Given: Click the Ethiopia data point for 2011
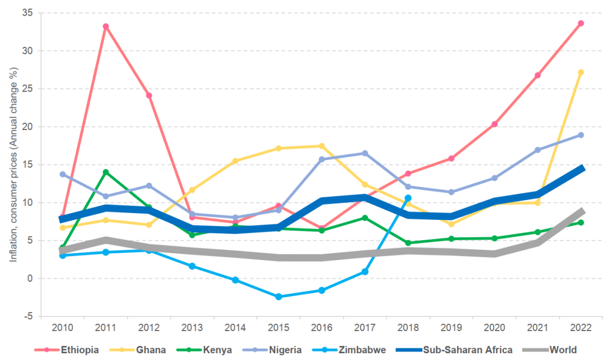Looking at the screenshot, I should tap(106, 27).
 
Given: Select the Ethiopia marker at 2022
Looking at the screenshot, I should tap(581, 23).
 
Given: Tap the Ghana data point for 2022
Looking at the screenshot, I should tap(581, 72).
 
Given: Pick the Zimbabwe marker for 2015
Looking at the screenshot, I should tap(278, 297).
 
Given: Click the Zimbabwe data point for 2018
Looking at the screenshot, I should tap(408, 198).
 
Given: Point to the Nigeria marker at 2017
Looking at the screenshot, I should tap(365, 153).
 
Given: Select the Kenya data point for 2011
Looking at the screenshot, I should tap(106, 172).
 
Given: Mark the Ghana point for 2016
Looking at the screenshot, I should tap(322, 146).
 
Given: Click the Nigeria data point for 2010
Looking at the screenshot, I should tap(63, 174).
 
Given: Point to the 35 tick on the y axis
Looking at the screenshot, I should tap(28, 12).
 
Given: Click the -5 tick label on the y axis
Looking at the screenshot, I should tap(28, 316).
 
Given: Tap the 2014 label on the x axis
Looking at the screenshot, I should tap(235, 329).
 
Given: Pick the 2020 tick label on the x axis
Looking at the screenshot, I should tap(494, 329).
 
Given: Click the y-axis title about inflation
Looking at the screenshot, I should tap(12, 164).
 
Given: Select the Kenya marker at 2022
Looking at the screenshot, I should tap(581, 223).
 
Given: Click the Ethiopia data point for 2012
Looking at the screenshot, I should tap(149, 96).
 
